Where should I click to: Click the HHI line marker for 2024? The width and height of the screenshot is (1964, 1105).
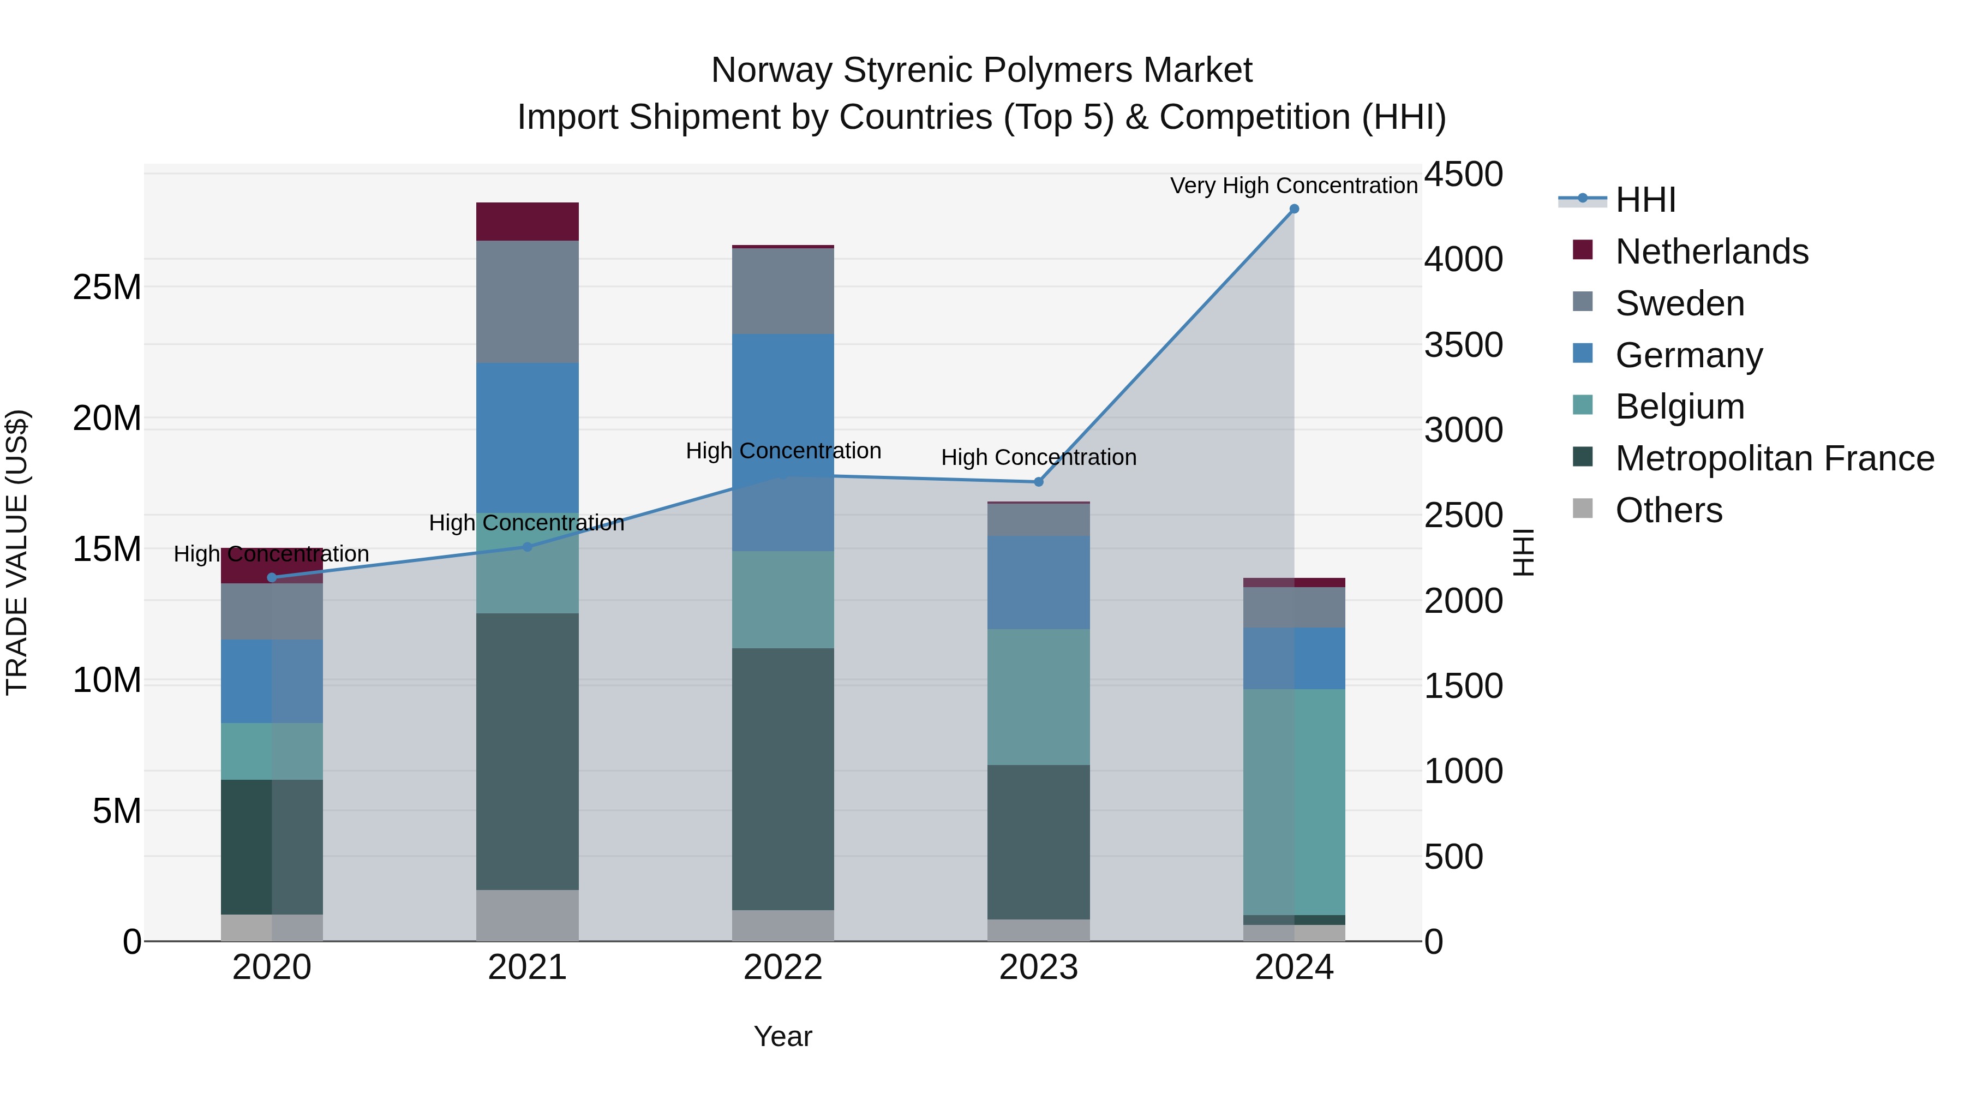[1294, 209]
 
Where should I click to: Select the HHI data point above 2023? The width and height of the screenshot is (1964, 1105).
[1038, 482]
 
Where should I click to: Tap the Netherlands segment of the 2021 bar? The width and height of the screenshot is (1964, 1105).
[528, 221]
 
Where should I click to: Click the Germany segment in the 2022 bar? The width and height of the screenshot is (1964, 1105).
[783, 443]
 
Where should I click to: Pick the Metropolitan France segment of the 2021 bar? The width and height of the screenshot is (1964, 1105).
[528, 751]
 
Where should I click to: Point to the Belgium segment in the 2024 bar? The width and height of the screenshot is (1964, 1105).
[1294, 801]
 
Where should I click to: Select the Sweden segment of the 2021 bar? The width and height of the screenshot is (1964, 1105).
[528, 301]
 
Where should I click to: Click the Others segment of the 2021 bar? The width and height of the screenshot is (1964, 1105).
[528, 915]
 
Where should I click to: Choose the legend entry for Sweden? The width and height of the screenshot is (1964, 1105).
[1680, 303]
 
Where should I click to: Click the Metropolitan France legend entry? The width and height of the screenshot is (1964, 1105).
[1774, 458]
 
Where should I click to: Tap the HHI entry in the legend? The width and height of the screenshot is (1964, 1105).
[1645, 200]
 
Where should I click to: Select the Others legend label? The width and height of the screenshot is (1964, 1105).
[1668, 510]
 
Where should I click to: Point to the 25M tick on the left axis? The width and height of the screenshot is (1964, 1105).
[107, 288]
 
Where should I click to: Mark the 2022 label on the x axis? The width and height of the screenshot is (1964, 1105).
[783, 967]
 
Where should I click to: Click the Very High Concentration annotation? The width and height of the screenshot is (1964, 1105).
[1294, 186]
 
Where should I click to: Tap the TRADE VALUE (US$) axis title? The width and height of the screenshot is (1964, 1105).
[17, 552]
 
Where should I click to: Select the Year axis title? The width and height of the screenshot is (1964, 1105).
[783, 1036]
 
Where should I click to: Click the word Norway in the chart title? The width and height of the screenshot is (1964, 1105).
[771, 70]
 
